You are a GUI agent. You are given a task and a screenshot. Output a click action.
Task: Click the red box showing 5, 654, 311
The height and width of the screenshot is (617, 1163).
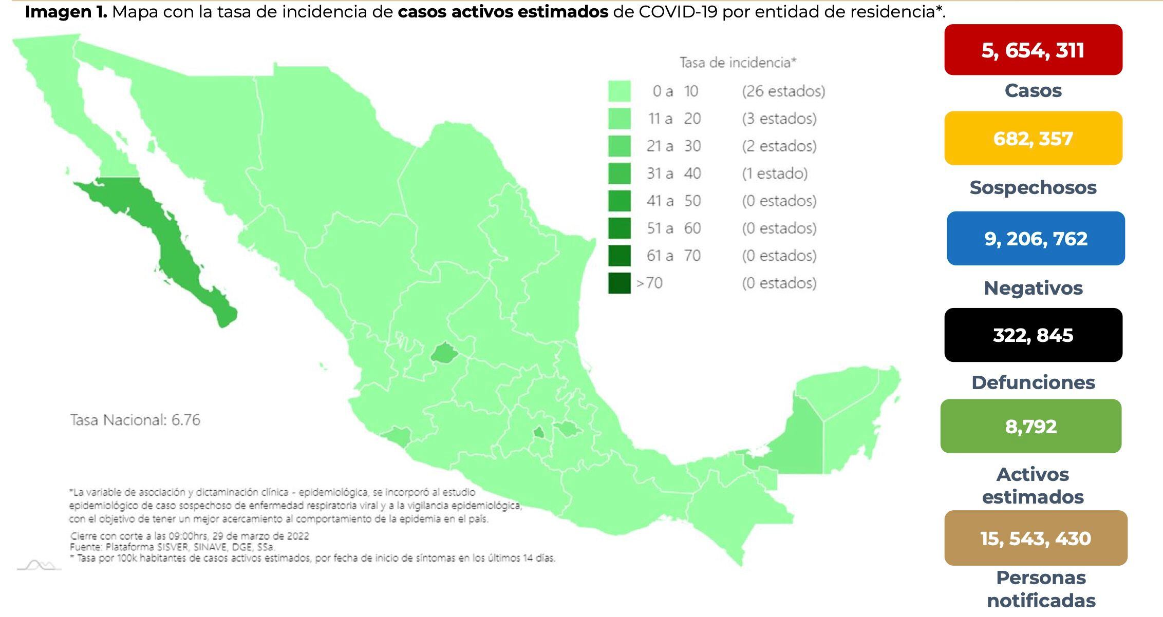point(1033,50)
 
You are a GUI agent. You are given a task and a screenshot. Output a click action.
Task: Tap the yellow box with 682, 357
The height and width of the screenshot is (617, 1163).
point(1033,139)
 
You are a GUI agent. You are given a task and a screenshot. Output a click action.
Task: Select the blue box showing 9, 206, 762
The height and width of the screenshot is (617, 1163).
point(1035,239)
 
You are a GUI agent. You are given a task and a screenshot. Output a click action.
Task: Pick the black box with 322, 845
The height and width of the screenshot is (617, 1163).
point(1033,335)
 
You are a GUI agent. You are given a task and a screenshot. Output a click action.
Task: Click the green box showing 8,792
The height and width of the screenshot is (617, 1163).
point(1030,426)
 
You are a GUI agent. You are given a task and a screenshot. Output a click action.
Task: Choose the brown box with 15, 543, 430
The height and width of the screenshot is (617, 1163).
point(1035,538)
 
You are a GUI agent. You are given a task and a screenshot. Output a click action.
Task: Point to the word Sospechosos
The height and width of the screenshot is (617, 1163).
point(1033,188)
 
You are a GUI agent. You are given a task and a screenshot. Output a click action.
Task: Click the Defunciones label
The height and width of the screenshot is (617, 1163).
point(1033,382)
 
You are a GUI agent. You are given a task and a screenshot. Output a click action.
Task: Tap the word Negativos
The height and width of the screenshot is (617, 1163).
point(1033,288)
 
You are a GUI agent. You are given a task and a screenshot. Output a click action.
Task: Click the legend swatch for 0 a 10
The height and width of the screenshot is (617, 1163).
point(619,91)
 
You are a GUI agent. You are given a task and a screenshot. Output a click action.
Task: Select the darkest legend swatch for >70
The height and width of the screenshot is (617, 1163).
point(619,283)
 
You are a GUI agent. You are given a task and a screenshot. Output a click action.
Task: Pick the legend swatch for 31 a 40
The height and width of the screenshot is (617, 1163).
point(619,173)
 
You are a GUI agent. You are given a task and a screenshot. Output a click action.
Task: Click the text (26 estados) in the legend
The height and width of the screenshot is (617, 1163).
point(783,91)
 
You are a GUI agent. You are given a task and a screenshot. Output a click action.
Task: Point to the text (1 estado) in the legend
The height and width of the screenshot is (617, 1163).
point(774,173)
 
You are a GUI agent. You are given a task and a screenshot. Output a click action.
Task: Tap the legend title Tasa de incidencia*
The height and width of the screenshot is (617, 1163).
point(737,63)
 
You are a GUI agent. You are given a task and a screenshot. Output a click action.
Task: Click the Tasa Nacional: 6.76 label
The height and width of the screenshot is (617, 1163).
point(135,420)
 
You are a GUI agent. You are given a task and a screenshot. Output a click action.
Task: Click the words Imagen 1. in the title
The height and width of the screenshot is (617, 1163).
point(66,12)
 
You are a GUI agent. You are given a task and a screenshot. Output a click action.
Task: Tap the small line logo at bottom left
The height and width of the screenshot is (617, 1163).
point(39,566)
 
